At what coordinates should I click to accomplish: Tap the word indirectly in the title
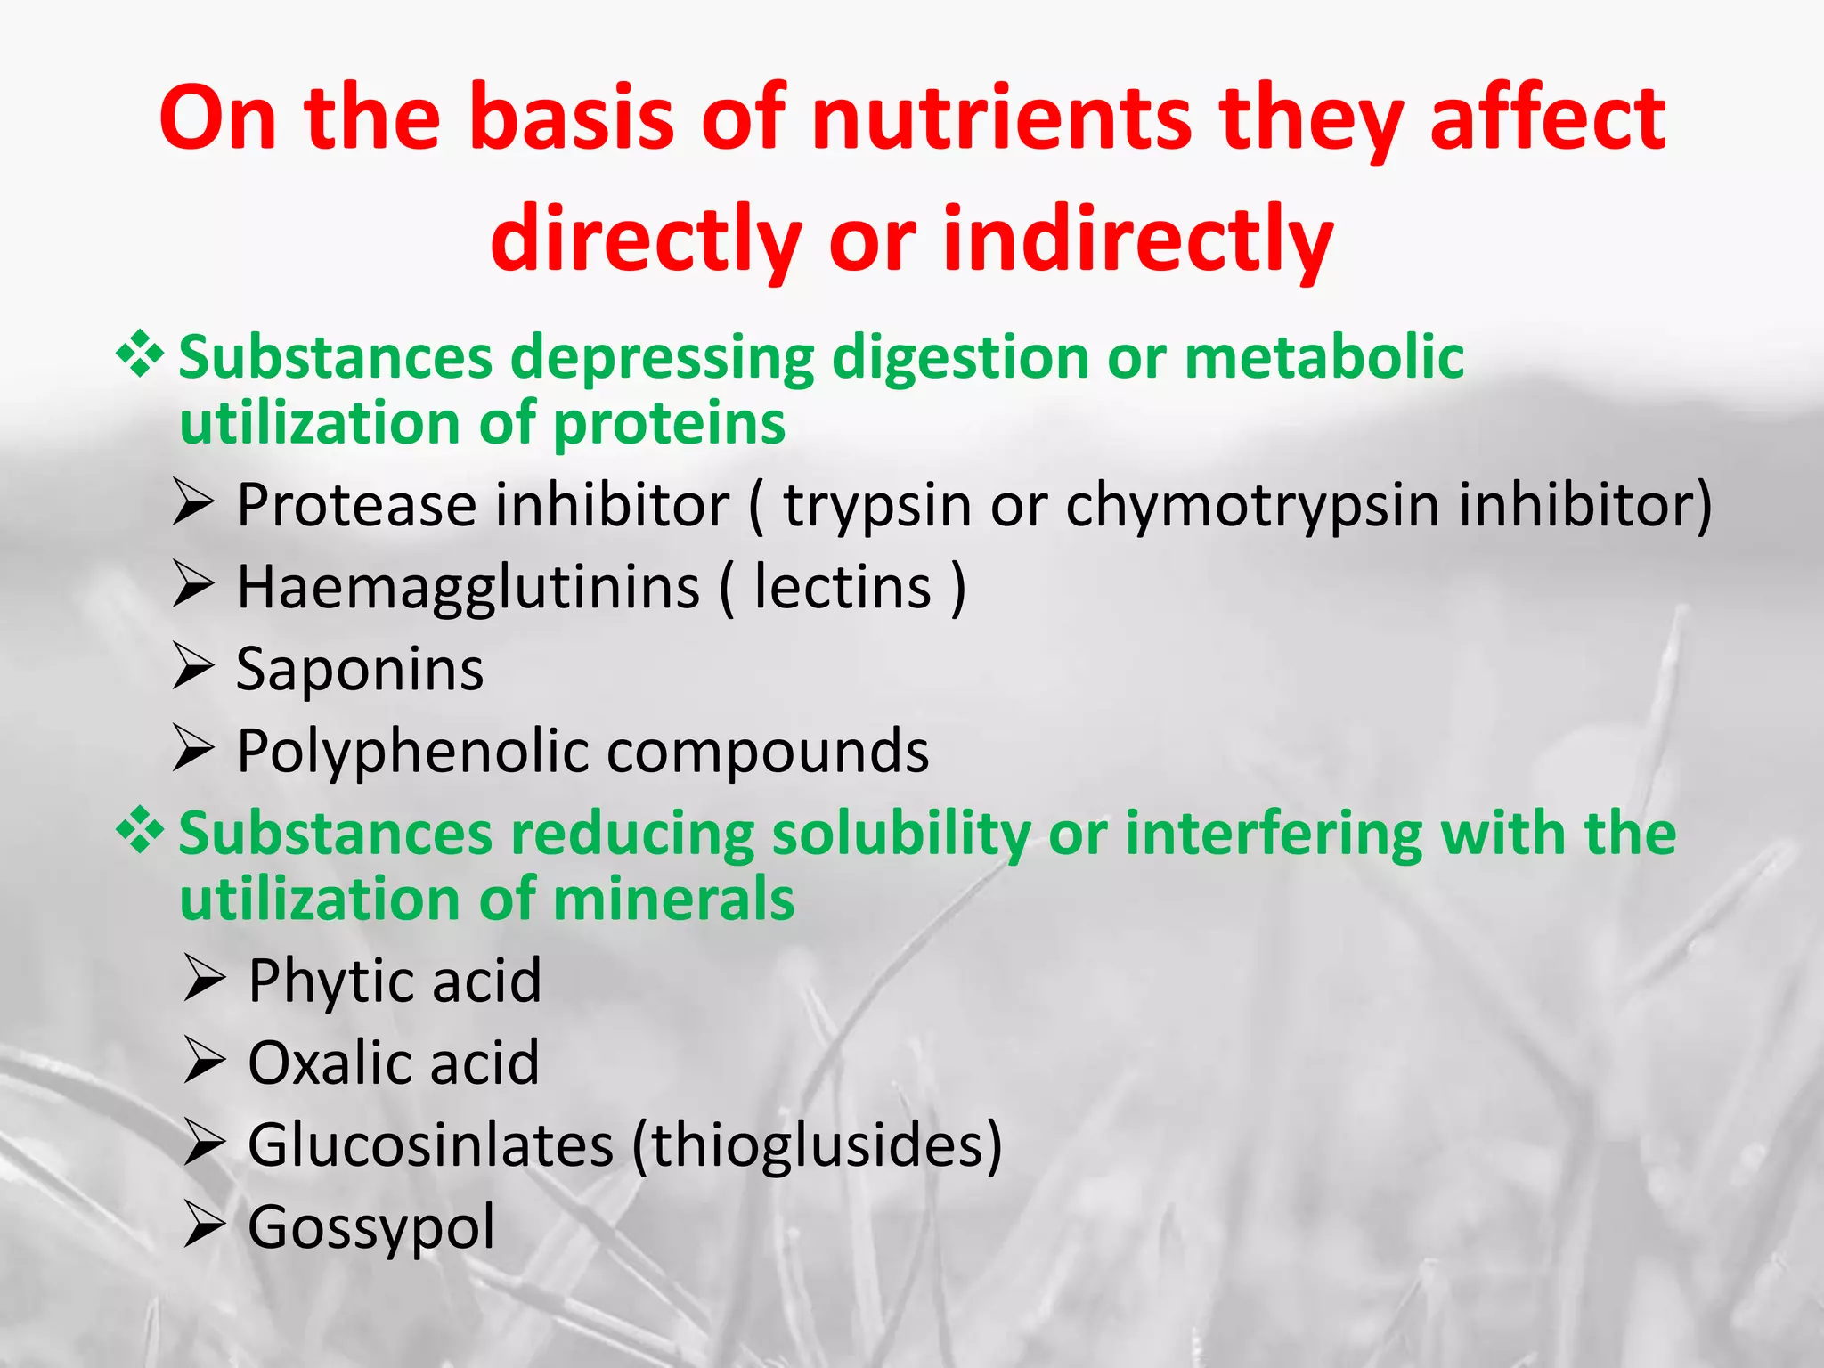click(x=1137, y=240)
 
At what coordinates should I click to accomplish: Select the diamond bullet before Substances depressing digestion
click(x=140, y=354)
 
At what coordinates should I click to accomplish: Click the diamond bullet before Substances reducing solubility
click(x=140, y=832)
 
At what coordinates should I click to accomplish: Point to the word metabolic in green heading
click(x=1323, y=357)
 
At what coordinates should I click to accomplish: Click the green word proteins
click(x=669, y=423)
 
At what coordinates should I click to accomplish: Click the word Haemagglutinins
click(x=468, y=589)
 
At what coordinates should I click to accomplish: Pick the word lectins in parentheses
click(x=842, y=588)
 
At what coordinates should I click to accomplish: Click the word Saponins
click(x=360, y=670)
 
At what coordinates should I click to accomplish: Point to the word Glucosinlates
click(x=430, y=1144)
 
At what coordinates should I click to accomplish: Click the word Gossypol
click(x=370, y=1228)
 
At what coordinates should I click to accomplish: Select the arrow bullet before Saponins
click(x=193, y=668)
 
